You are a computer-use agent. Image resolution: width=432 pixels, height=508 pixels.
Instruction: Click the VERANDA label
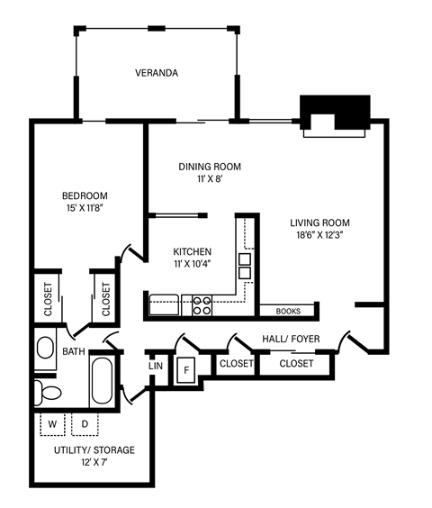(x=156, y=73)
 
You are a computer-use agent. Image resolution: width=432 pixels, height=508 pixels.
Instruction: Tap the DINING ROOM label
(x=209, y=166)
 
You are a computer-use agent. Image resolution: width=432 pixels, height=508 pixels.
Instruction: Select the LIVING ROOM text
(x=319, y=222)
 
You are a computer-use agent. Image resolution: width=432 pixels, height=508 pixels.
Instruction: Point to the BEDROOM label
(x=85, y=196)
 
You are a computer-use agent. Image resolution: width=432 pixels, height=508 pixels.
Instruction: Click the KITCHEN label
(x=193, y=251)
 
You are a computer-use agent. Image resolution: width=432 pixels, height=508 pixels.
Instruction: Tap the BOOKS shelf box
(x=288, y=312)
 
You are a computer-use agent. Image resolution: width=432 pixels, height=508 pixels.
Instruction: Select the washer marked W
(x=52, y=423)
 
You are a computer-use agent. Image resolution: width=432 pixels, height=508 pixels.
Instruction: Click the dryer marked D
(x=85, y=423)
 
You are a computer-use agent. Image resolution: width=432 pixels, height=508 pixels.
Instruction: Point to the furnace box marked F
(x=187, y=368)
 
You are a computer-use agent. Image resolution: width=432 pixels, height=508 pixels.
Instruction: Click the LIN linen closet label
(x=155, y=367)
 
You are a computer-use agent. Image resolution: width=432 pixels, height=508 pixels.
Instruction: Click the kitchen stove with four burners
(x=202, y=306)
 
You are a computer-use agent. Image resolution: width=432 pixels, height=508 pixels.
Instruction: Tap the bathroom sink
(x=45, y=348)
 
